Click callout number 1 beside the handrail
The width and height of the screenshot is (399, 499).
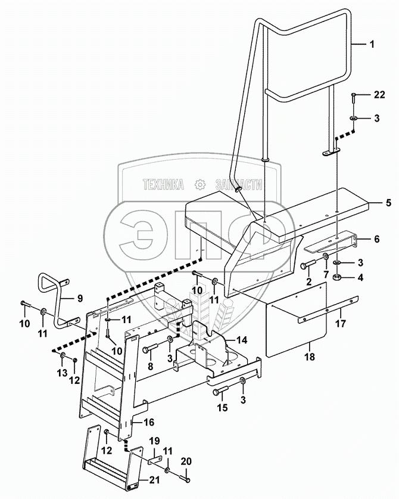[372, 44]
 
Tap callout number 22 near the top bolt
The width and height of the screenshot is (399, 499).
[379, 95]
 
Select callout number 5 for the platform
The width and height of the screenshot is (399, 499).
[388, 203]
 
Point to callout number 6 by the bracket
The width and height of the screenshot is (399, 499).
[377, 238]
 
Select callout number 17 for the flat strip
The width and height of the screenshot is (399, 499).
[341, 324]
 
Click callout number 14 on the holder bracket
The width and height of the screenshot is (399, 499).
[242, 340]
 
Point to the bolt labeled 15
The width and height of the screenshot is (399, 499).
[222, 391]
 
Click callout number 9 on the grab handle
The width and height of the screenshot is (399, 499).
[80, 298]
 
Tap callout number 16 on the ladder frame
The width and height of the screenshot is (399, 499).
[149, 422]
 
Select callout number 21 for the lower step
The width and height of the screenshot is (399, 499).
[154, 480]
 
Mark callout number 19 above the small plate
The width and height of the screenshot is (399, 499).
[154, 441]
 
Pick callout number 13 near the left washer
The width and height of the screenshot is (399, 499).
[63, 373]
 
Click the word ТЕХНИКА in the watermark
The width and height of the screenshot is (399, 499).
[163, 184]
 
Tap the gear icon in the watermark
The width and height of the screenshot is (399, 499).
[200, 184]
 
